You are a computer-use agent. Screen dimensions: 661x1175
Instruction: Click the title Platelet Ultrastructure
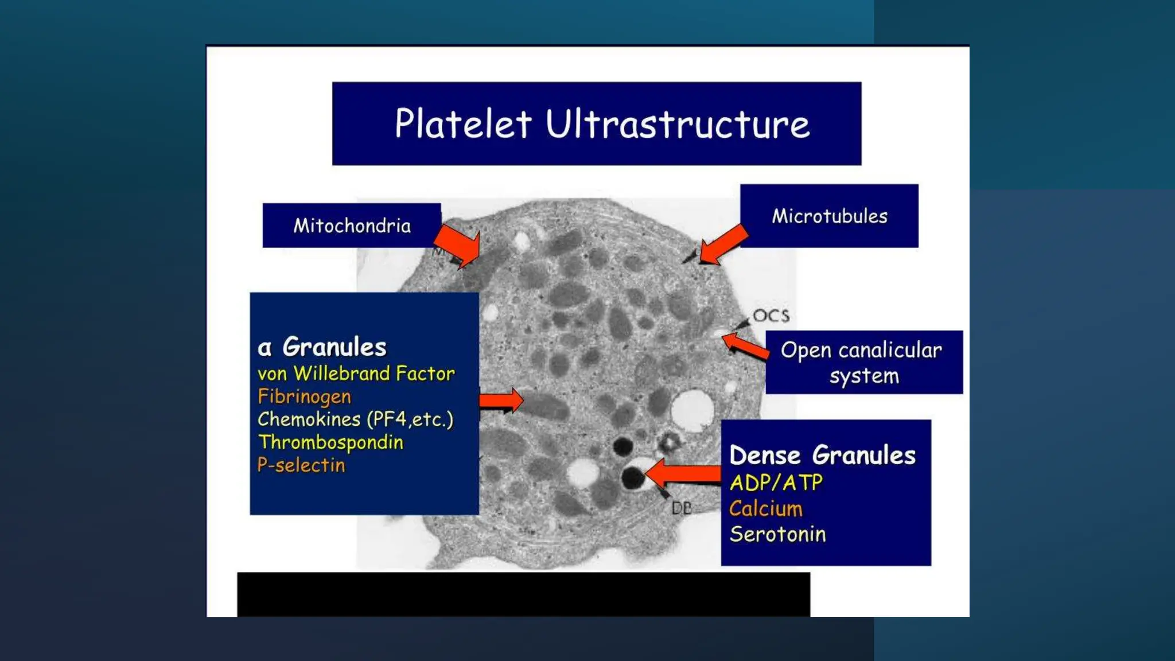click(602, 124)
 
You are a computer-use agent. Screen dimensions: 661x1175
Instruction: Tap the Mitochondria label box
click(352, 225)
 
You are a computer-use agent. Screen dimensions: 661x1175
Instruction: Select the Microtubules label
click(829, 216)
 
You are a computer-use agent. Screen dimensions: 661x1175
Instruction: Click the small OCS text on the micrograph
click(771, 316)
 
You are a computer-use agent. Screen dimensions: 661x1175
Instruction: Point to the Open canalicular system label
click(862, 363)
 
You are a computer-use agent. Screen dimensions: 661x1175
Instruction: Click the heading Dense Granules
click(822, 456)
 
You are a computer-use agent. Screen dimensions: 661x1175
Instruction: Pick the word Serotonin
click(777, 534)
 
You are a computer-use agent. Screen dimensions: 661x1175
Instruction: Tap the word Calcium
click(765, 509)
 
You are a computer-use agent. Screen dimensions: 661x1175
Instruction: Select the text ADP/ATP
click(776, 483)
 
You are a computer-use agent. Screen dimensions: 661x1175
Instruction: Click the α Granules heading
click(322, 347)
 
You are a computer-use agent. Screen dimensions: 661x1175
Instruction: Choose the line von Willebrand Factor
click(356, 374)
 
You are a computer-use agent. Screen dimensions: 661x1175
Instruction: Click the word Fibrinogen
click(304, 396)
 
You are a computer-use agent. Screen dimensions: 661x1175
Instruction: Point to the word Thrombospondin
click(330, 442)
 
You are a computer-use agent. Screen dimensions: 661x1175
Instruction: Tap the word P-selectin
click(301, 465)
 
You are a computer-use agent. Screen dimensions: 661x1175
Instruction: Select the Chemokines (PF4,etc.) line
click(355, 419)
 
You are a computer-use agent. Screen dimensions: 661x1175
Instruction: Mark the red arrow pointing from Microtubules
click(722, 244)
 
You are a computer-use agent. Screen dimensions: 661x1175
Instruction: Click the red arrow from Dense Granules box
click(683, 474)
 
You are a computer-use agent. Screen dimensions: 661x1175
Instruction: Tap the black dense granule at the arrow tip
click(633, 477)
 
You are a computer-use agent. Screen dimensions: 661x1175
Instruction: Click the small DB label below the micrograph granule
click(682, 508)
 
